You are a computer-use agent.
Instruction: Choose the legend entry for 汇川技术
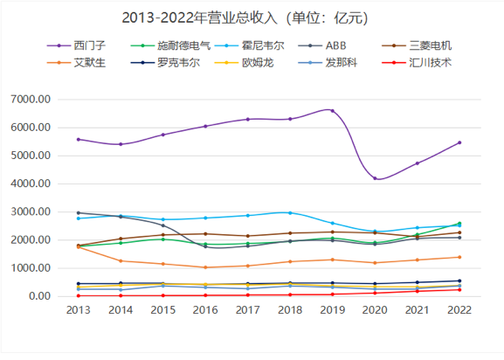click(x=434, y=63)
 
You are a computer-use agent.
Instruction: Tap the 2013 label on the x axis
click(x=79, y=311)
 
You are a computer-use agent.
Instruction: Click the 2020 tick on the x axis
click(x=375, y=311)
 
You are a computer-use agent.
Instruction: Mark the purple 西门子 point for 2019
click(x=332, y=110)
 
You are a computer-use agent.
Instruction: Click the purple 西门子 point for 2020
click(x=375, y=178)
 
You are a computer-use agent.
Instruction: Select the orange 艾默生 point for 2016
click(x=205, y=267)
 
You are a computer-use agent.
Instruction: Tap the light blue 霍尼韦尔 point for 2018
click(x=290, y=212)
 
